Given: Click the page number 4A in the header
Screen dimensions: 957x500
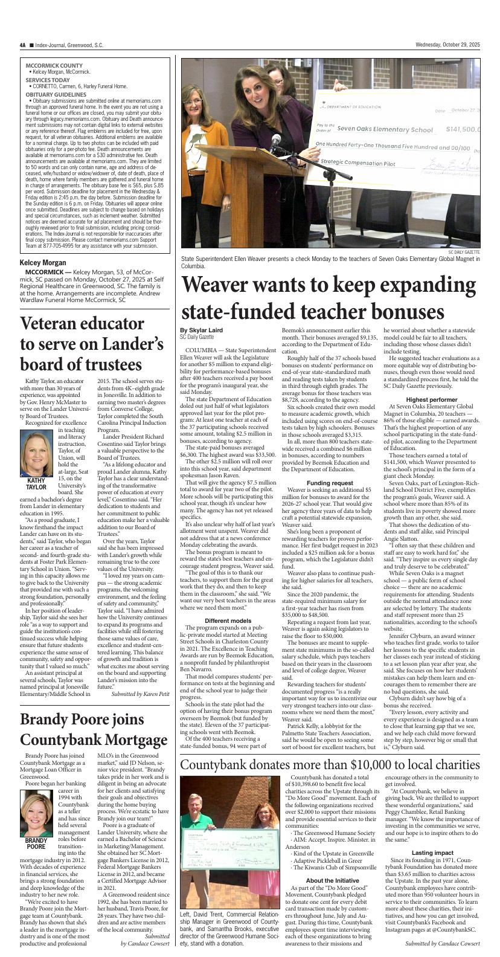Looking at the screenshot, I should tap(22, 45).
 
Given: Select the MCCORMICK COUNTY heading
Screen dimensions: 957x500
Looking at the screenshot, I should tap(54, 65).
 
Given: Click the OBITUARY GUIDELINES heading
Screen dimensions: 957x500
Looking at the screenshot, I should tap(58, 94).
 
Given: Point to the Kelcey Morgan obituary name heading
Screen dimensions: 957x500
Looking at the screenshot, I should tap(43, 263).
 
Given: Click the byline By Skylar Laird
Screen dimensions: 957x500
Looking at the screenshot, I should tap(201, 329).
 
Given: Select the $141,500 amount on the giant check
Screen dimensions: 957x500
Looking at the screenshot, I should tap(463, 129).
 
